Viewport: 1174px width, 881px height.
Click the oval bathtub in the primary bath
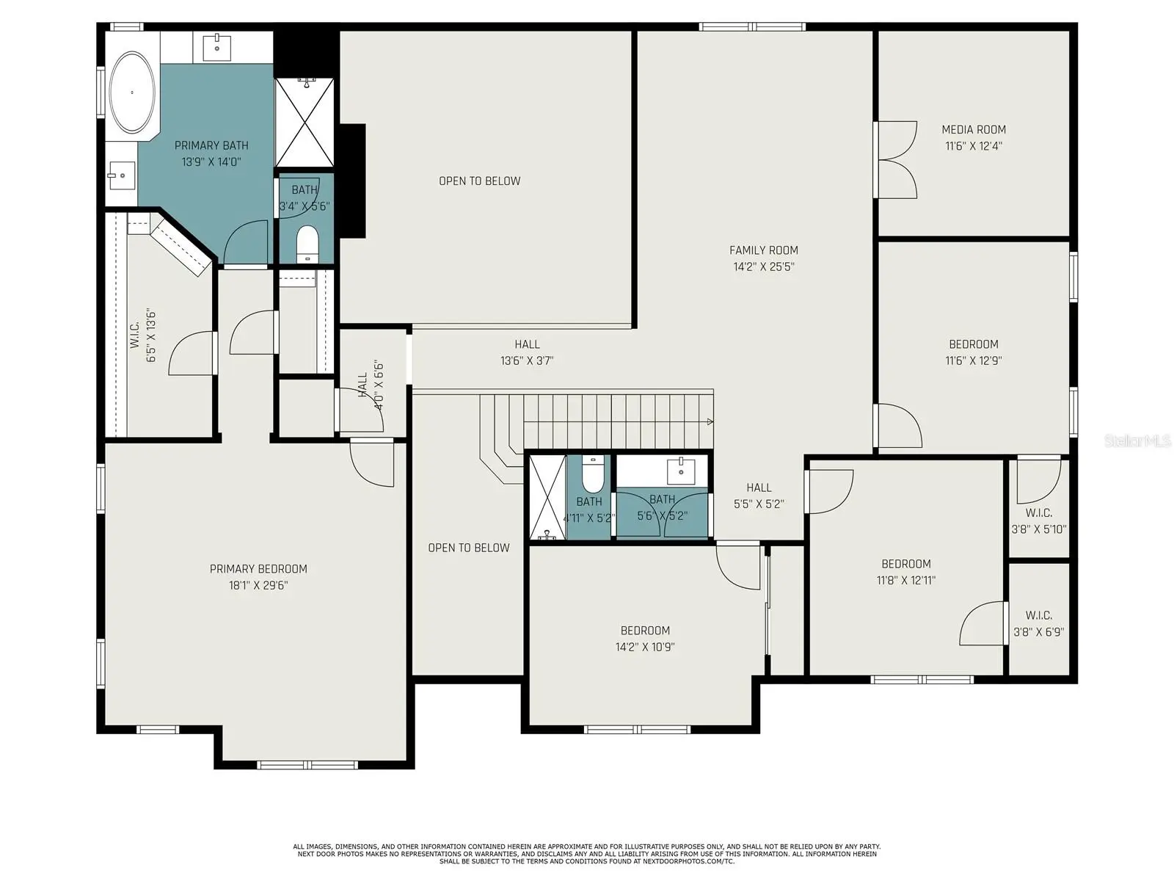click(x=133, y=92)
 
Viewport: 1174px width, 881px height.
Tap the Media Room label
click(x=974, y=129)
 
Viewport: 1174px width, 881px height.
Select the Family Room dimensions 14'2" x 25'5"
click(x=764, y=267)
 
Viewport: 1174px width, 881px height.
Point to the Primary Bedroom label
click(x=258, y=568)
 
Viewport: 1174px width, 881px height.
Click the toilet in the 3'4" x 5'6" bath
click(x=307, y=244)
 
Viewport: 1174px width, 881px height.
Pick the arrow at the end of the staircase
click(x=710, y=421)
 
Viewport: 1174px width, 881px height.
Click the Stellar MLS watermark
click(x=1137, y=440)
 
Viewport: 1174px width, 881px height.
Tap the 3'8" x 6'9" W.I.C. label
click(x=1039, y=624)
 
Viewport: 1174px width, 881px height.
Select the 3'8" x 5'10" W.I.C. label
click(x=1039, y=521)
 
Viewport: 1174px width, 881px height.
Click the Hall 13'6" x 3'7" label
click(x=527, y=352)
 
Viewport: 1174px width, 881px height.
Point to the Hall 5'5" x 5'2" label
click(x=759, y=496)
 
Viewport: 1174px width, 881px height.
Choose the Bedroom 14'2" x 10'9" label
click(x=645, y=639)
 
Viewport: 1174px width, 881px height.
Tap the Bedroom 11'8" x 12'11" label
click(x=906, y=572)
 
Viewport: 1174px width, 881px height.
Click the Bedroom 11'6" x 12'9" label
click(x=974, y=352)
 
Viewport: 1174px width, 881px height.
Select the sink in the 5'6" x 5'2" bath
click(x=680, y=471)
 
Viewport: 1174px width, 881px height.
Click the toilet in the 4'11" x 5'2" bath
click(x=592, y=475)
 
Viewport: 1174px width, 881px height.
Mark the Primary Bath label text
click(x=211, y=145)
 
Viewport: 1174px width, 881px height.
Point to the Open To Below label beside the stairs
click(x=469, y=548)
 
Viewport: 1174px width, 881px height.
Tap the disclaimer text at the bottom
click(x=587, y=854)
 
